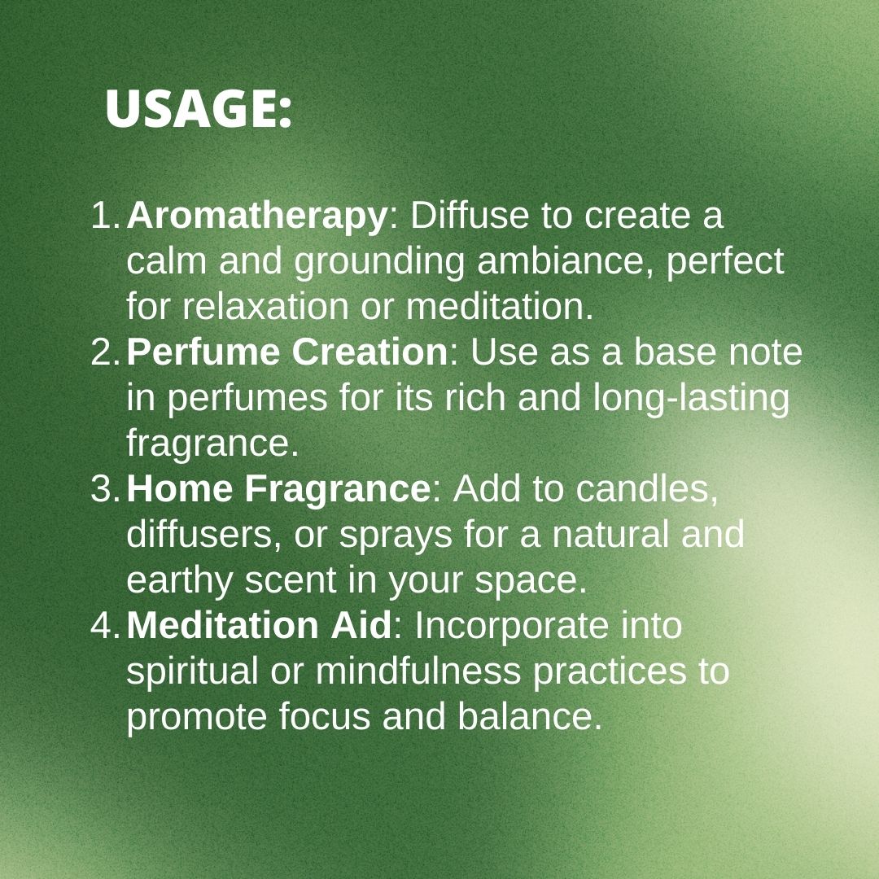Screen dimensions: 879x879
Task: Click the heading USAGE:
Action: [x=199, y=109]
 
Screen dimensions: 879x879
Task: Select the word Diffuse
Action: [x=470, y=215]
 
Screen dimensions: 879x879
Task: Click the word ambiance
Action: [x=565, y=261]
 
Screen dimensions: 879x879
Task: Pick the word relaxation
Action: [x=265, y=307]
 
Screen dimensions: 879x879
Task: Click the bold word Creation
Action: [x=370, y=352]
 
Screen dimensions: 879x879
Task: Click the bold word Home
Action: [x=179, y=488]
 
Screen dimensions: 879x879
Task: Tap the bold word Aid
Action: [x=361, y=625]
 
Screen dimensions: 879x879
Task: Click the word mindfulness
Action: [x=418, y=671]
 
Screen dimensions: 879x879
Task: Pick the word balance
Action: [x=530, y=716]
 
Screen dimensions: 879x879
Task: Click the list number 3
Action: [x=105, y=489]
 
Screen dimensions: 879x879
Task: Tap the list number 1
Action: [x=105, y=215]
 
